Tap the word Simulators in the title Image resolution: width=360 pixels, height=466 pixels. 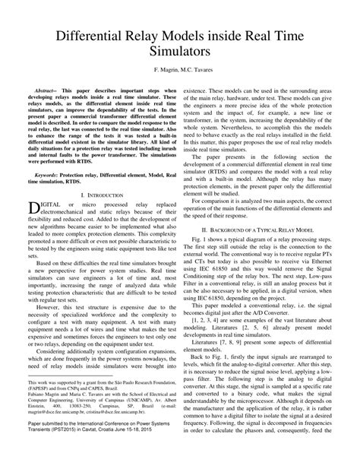coord(179,54)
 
